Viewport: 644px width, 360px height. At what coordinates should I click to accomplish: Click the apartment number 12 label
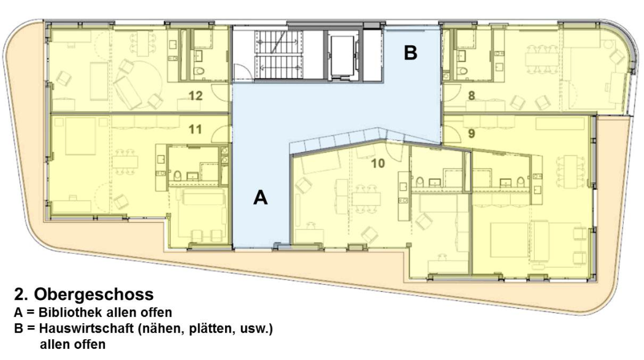tap(196, 96)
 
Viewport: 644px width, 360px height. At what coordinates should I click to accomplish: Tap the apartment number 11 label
tap(195, 129)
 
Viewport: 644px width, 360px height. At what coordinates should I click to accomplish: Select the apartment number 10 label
tap(378, 163)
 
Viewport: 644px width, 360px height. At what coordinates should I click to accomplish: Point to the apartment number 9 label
tap(472, 133)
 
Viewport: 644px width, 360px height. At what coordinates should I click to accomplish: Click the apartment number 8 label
tap(472, 96)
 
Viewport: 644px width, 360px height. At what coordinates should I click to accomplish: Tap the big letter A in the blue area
tap(261, 197)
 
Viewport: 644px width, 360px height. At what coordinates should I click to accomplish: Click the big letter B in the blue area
tap(410, 53)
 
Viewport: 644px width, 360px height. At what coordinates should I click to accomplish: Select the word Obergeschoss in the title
tap(94, 294)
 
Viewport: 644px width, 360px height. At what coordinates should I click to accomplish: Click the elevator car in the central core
tap(342, 56)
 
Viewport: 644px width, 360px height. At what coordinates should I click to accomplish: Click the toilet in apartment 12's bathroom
tap(199, 71)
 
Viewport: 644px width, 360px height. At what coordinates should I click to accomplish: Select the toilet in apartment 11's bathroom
tap(177, 176)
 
